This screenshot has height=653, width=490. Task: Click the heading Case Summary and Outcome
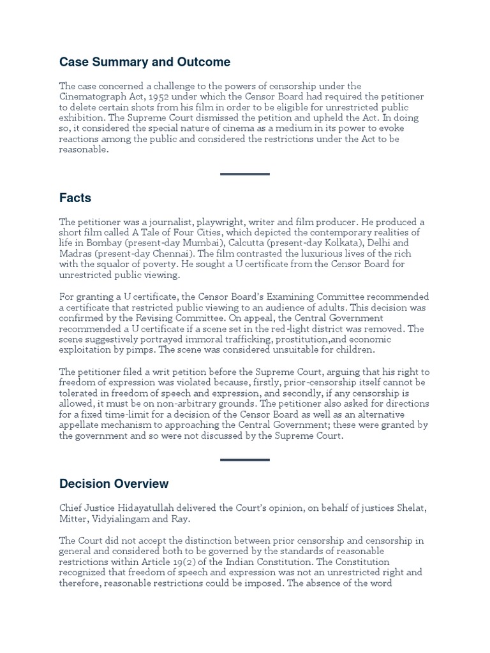point(145,62)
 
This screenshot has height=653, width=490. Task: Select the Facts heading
point(75,198)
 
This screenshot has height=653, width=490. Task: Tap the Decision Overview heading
point(114,484)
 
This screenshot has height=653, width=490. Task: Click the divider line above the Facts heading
point(245,173)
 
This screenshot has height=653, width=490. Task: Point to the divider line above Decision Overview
point(245,459)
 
